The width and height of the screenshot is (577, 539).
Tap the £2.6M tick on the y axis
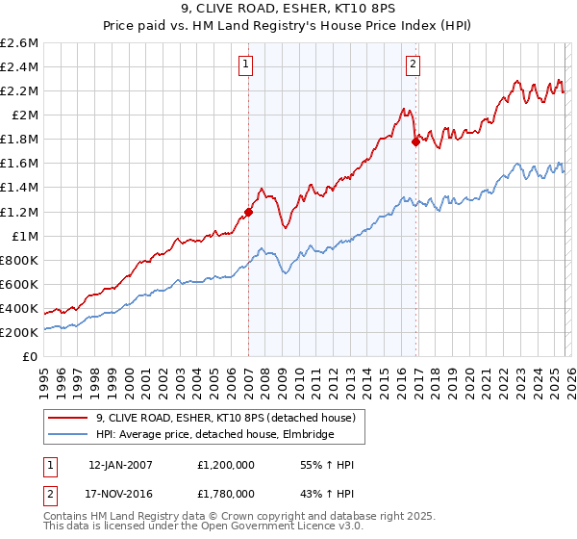click(20, 43)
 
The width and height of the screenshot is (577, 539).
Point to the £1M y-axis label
click(24, 236)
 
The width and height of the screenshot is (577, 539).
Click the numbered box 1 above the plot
click(246, 65)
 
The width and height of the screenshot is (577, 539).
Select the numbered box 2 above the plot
click(414, 65)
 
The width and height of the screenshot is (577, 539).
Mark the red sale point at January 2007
click(248, 212)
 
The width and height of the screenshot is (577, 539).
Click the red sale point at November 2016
click(415, 141)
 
